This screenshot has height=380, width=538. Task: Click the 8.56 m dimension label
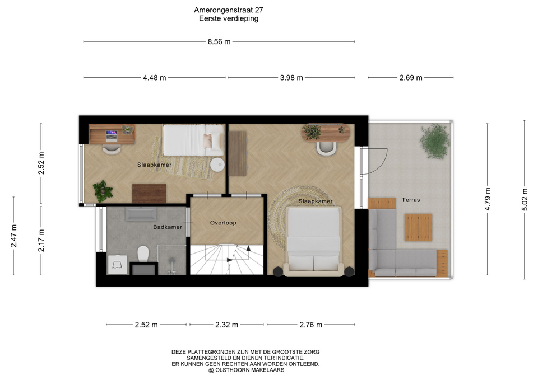pos(219,42)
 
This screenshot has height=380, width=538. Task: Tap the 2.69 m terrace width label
pos(411,78)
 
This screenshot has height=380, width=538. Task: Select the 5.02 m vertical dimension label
pos(525,200)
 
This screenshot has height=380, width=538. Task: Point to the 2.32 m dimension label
pos(226,325)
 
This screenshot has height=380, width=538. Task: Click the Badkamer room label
pos(168,227)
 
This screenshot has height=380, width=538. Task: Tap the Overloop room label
pos(223,223)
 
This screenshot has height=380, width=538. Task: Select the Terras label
pos(411,200)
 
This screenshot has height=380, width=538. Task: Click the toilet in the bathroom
pos(143,254)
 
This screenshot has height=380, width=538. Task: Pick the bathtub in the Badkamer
pos(141,214)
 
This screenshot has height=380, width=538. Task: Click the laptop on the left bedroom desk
pos(111,135)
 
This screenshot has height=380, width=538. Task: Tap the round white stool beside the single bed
pos(217,165)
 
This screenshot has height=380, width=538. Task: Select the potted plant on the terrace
pos(435,142)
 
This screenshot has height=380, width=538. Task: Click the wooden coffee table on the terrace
pos(418,227)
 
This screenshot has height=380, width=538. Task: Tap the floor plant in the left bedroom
pos(103,191)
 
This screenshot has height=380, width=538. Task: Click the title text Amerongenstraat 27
pos(229,10)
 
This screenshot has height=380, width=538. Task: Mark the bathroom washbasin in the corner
pos(117,265)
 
